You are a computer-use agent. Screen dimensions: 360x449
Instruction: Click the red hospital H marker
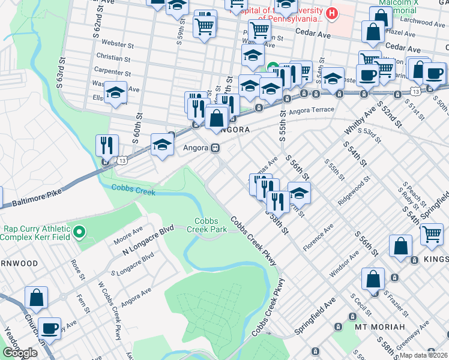coord(331,13)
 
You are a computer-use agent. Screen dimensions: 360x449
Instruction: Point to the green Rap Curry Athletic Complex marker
coord(79,232)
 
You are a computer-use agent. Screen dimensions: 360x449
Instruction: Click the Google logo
coord(20,353)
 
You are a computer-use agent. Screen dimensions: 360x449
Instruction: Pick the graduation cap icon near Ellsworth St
coord(116,92)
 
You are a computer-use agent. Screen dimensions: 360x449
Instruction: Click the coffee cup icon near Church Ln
coord(50,328)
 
